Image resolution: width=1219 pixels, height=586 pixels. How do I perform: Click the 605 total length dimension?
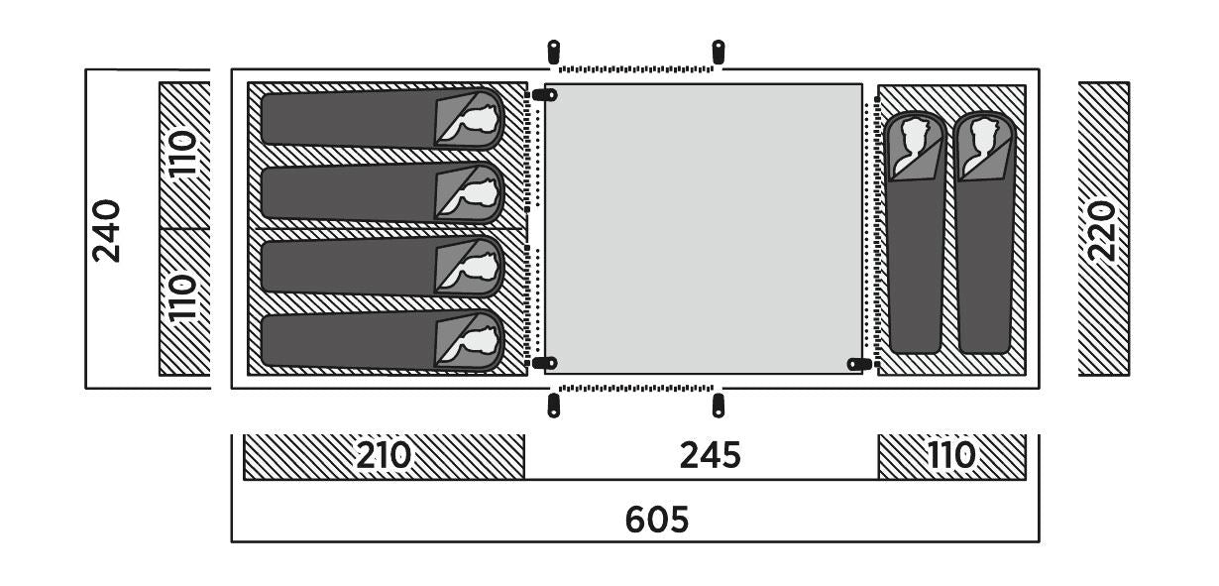[657, 519]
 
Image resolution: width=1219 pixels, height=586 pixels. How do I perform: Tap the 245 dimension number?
[711, 455]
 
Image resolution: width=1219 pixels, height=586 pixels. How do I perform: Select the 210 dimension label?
[384, 455]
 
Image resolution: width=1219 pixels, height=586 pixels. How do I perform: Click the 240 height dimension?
[106, 231]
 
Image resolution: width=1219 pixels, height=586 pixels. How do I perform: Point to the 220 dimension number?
[1103, 231]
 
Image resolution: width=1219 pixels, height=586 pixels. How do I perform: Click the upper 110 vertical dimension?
[182, 153]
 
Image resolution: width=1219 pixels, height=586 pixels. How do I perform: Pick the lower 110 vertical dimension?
[182, 298]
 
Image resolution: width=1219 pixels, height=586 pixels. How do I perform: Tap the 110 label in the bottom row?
[951, 455]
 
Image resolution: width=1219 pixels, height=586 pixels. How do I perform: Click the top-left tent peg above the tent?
[553, 53]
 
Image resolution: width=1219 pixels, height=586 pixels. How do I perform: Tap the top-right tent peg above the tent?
[719, 53]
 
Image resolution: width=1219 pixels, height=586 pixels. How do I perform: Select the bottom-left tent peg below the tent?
[553, 406]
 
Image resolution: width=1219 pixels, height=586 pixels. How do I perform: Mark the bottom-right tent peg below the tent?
[719, 406]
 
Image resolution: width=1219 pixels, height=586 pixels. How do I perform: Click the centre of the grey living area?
[704, 229]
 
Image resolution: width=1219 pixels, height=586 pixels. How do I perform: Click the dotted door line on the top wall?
[636, 69]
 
